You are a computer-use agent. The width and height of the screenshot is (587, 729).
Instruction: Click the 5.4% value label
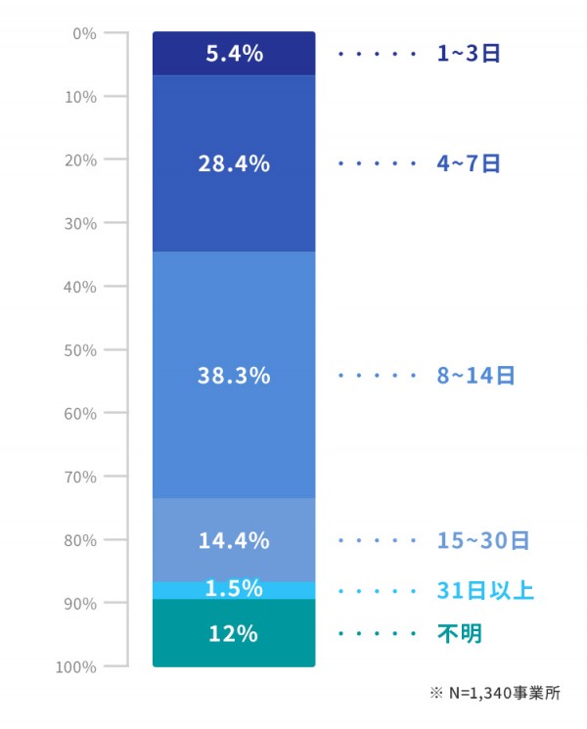click(x=234, y=54)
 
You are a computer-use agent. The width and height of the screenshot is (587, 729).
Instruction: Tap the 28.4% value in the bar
click(x=234, y=163)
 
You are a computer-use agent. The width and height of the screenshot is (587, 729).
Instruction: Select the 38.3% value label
click(x=234, y=375)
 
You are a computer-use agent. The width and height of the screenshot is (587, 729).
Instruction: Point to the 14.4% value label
click(x=234, y=539)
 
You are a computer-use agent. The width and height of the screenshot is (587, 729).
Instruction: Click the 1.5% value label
click(x=234, y=588)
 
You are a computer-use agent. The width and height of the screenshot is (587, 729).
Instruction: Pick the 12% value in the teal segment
click(x=234, y=633)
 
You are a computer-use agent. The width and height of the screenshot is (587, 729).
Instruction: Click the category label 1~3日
click(x=469, y=54)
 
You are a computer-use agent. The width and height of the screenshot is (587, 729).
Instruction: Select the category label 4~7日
click(x=469, y=163)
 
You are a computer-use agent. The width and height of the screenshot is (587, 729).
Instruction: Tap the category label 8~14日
click(x=475, y=375)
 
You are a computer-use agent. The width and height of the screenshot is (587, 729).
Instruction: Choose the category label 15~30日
click(x=482, y=539)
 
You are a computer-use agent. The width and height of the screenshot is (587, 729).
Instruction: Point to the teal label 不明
click(x=459, y=634)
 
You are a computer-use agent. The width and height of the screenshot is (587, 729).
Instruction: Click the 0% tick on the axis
click(x=85, y=33)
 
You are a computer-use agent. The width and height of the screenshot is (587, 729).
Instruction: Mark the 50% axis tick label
click(x=82, y=349)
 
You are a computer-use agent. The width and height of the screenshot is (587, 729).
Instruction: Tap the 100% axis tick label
click(x=78, y=666)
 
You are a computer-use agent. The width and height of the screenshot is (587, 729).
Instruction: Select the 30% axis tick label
click(x=82, y=223)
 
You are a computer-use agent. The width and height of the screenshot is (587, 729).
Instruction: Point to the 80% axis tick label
click(x=82, y=539)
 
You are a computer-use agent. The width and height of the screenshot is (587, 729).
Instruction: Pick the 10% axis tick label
click(x=82, y=96)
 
